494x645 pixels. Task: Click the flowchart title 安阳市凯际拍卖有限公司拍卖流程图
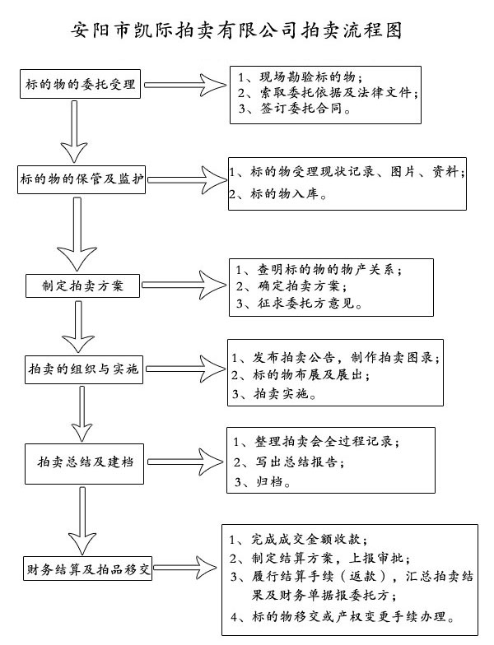[x=237, y=30]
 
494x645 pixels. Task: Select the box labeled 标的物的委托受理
[x=81, y=84]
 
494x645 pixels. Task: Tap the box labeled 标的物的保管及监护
[x=82, y=179]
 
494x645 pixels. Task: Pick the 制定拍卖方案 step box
[x=82, y=285]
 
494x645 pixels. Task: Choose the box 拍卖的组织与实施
[x=84, y=369]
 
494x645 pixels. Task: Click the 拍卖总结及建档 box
[x=84, y=464]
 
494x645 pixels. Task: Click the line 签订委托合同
[x=295, y=109]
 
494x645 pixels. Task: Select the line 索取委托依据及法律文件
[x=328, y=92]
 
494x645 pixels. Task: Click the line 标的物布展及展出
[x=301, y=375]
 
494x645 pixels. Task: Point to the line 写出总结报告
[x=288, y=462]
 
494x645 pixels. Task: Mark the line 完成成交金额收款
[x=298, y=540]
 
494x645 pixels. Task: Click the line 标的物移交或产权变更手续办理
[x=343, y=617]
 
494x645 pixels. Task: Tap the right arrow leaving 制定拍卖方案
[x=184, y=285]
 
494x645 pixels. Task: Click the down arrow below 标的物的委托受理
[x=74, y=132]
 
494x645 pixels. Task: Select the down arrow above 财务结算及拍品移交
[x=82, y=521]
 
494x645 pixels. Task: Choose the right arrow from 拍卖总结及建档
[x=185, y=462]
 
